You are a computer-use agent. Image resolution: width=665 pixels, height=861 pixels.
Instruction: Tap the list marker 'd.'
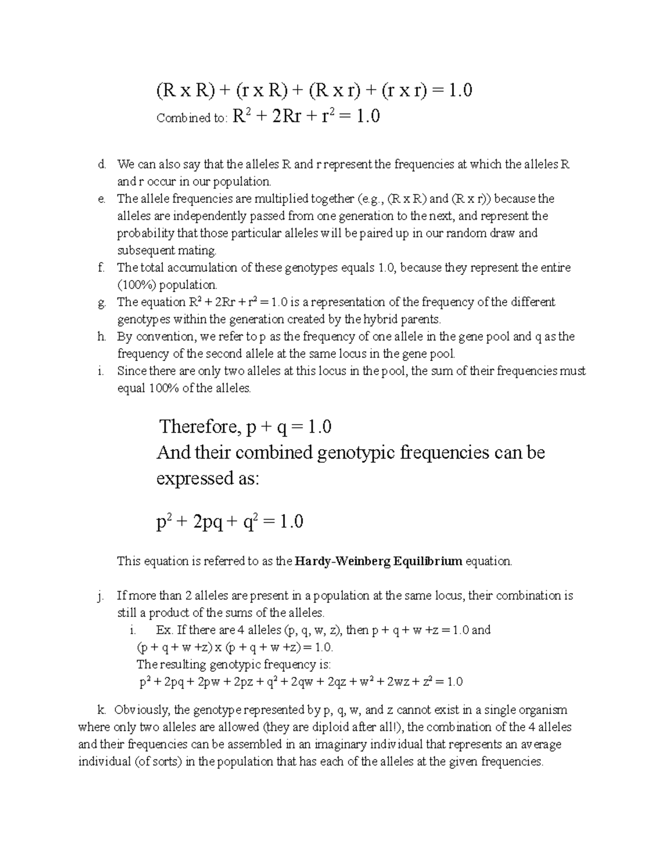(101, 165)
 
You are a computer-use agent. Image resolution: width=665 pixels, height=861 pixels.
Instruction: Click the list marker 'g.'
(101, 303)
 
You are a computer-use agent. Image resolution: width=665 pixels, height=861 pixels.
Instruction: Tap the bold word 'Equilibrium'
(427, 561)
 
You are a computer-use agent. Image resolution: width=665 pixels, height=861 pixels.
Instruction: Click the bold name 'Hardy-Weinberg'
(343, 561)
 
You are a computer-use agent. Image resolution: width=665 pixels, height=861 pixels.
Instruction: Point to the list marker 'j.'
(100, 596)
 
